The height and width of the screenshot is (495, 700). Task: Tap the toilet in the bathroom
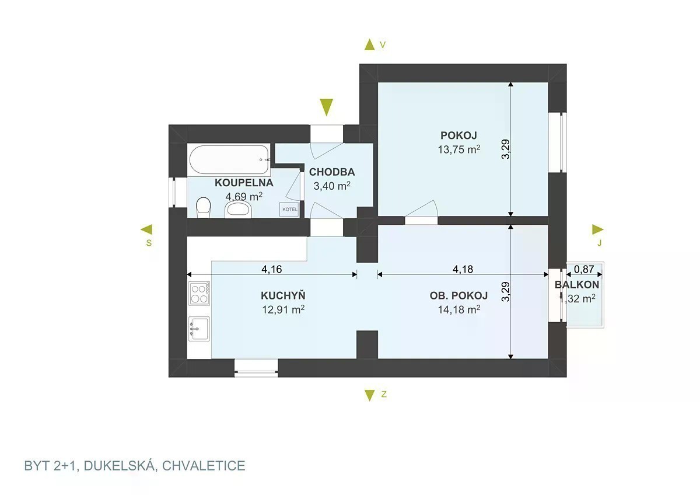[203, 208]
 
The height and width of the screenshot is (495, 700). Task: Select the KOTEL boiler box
[289, 209]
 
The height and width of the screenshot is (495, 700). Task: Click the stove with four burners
[199, 292]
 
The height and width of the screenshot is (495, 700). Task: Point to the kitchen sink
[199, 329]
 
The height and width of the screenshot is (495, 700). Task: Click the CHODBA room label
[332, 172]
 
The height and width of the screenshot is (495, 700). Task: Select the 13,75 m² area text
[459, 149]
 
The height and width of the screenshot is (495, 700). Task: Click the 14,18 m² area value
[459, 309]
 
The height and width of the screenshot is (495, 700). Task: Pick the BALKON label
[577, 285]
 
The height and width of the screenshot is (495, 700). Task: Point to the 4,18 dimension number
[463, 269]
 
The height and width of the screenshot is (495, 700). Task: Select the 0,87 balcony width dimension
[584, 269]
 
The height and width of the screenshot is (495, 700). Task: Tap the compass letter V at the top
[383, 44]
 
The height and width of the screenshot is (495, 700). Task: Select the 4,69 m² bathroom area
[244, 197]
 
